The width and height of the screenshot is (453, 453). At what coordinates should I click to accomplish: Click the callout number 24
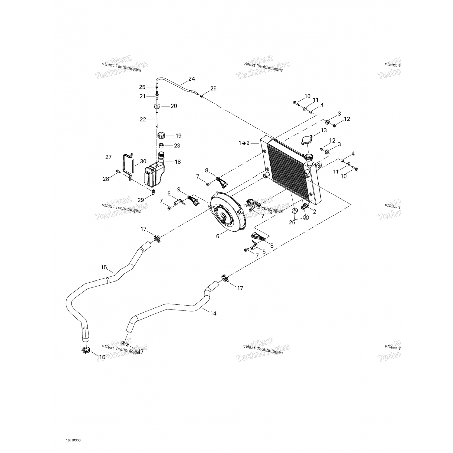pyautogui.click(x=191, y=79)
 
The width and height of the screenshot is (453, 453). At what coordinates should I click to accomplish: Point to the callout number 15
pyautogui.click(x=104, y=267)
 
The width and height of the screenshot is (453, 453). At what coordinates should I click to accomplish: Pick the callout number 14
pyautogui.click(x=213, y=313)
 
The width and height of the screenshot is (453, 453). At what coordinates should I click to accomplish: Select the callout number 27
pyautogui.click(x=108, y=157)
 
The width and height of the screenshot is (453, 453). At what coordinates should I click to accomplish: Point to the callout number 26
pyautogui.click(x=292, y=223)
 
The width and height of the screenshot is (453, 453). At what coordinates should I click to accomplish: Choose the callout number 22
pyautogui.click(x=143, y=120)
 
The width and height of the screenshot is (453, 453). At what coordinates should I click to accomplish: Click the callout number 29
pyautogui.click(x=141, y=200)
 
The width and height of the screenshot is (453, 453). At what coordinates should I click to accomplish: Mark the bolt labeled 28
pyautogui.click(x=117, y=172)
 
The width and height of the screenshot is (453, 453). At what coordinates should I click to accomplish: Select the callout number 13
pyautogui.click(x=324, y=130)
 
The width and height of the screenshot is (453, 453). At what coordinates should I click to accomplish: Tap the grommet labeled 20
pyautogui.click(x=157, y=106)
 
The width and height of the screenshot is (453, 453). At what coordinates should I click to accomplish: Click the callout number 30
pyautogui.click(x=143, y=162)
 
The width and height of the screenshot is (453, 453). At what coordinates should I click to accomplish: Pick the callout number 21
pyautogui.click(x=143, y=96)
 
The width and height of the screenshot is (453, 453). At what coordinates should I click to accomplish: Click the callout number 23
pyautogui.click(x=177, y=146)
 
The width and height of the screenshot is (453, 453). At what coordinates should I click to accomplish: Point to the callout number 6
pyautogui.click(x=218, y=236)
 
